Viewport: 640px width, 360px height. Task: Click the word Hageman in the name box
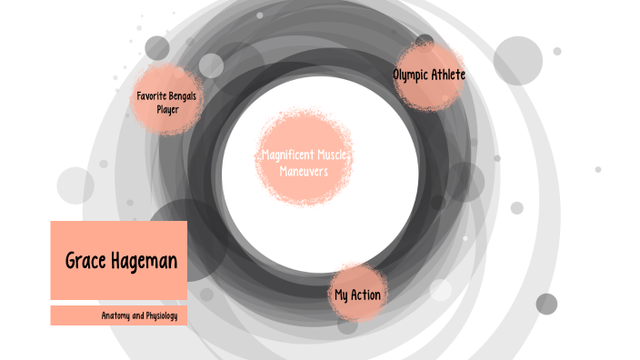(144, 262)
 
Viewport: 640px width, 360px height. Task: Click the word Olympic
(412, 75)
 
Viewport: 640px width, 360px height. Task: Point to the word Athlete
(450, 75)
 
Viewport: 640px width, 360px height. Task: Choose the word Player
(167, 109)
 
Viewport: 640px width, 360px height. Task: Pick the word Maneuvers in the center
(304, 169)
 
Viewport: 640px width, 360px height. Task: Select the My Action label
(357, 295)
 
